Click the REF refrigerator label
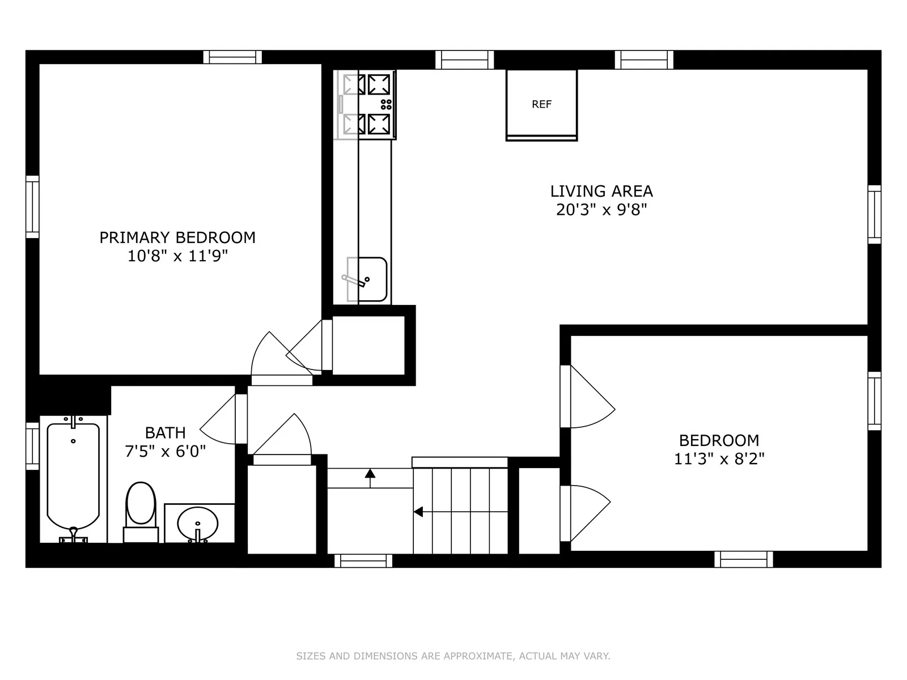541,104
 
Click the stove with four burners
368,104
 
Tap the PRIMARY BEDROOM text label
177,237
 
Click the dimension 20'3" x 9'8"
601,210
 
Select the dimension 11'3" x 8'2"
719,458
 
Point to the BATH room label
165,433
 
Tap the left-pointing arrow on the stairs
418,512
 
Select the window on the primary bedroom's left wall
32,207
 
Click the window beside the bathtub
32,446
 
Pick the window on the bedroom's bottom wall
743,559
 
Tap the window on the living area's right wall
874,214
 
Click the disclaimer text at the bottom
453,656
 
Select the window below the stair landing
363,560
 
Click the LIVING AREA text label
601,192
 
